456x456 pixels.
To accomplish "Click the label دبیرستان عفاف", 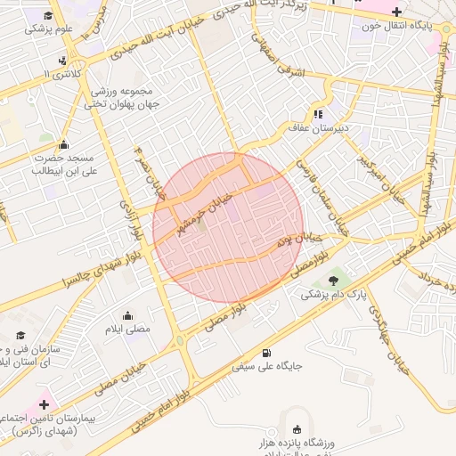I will coord(352,127).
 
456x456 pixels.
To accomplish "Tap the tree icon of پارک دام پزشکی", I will coord(333,280).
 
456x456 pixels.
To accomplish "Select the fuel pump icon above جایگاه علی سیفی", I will coord(268,354).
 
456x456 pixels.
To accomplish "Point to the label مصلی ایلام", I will coord(129,330).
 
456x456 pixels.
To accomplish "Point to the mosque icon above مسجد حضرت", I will coord(63,144).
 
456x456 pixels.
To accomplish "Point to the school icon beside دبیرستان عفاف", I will coord(317,114).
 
